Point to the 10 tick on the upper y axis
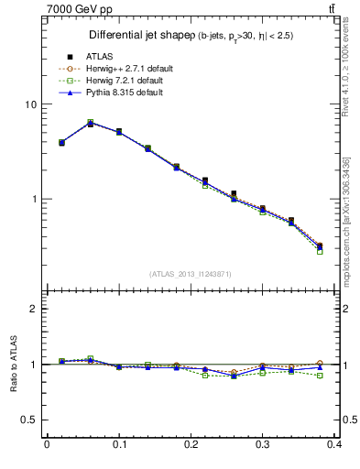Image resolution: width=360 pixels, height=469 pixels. pyautogui.click(x=30, y=104)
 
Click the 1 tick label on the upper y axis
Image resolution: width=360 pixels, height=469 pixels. pyautogui.click(x=33, y=199)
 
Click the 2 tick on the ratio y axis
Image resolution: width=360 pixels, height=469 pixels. pyautogui.click(x=33, y=309)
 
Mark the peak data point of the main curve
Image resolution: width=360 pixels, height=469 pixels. pyautogui.click(x=90, y=123)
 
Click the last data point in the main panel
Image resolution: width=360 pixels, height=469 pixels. pyautogui.click(x=319, y=246)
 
